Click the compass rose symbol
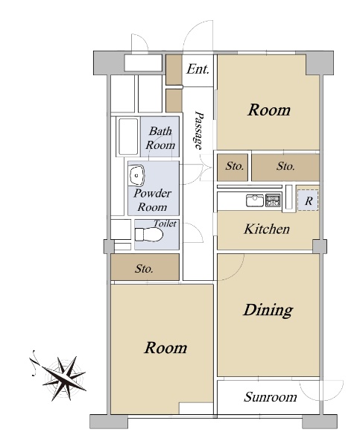62,375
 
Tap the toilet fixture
148,235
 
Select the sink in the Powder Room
137,176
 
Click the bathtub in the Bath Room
128,136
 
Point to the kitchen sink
255,200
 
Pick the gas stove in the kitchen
273,200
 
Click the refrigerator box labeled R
308,200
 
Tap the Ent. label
198,69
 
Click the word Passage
198,130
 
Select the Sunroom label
270,397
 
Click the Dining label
268,310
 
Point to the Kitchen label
267,229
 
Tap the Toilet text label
165,223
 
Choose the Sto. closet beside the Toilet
145,267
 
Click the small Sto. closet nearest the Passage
233,168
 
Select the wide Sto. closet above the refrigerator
285,168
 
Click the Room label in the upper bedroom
269,110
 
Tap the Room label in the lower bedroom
165,348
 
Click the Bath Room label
160,138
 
